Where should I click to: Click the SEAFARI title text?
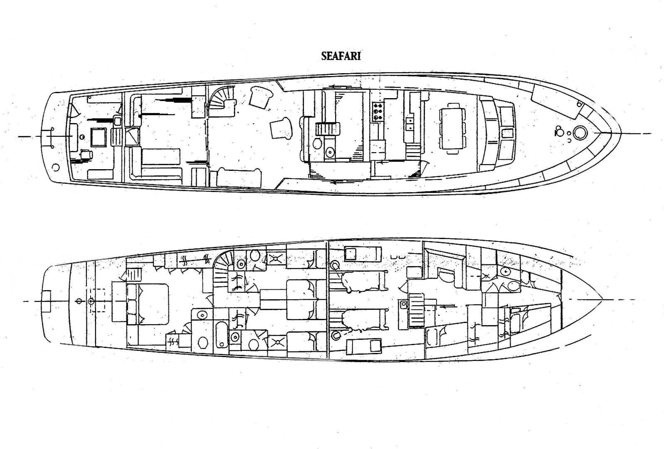coord(341,56)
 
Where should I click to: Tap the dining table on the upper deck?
coord(452,128)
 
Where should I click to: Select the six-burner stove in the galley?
coord(378,111)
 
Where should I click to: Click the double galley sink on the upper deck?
coord(410,124)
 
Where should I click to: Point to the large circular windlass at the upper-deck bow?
coord(580,133)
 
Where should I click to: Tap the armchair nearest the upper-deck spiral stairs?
coord(260,97)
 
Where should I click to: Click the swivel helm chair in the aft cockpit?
coord(86,154)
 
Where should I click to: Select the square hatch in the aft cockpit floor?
coord(99,137)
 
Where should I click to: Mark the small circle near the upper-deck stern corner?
coord(55,167)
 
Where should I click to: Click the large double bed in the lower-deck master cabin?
coord(148,304)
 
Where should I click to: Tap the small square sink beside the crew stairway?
coord(403,304)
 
